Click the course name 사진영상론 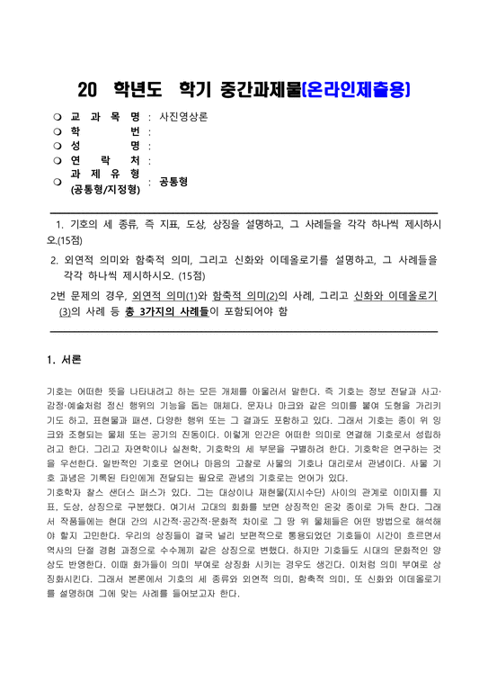[183, 117]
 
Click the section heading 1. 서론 [63, 361]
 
